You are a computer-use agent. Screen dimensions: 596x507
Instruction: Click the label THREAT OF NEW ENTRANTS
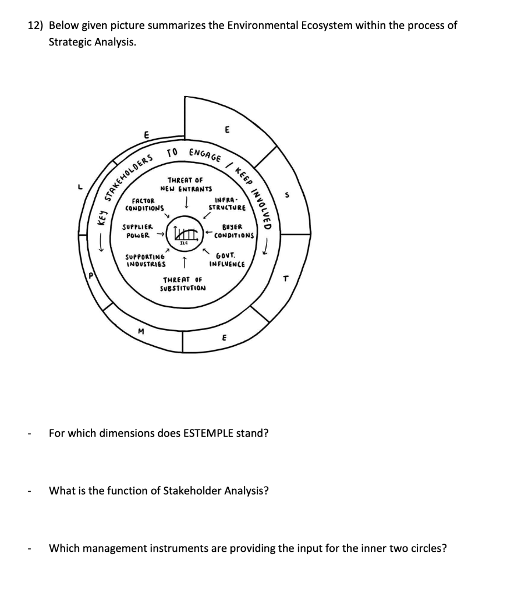[x=186, y=185]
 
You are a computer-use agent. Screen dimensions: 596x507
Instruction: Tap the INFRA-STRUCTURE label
[x=227, y=204]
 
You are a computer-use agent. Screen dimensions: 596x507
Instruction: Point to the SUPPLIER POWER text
[x=137, y=231]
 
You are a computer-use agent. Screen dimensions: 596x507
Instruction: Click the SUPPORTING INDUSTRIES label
[x=146, y=260]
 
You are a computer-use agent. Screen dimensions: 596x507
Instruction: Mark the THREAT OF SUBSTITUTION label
[x=183, y=284]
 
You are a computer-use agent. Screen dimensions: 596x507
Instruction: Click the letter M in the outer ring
[x=140, y=332]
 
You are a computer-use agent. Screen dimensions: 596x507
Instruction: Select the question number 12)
[x=36, y=26]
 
